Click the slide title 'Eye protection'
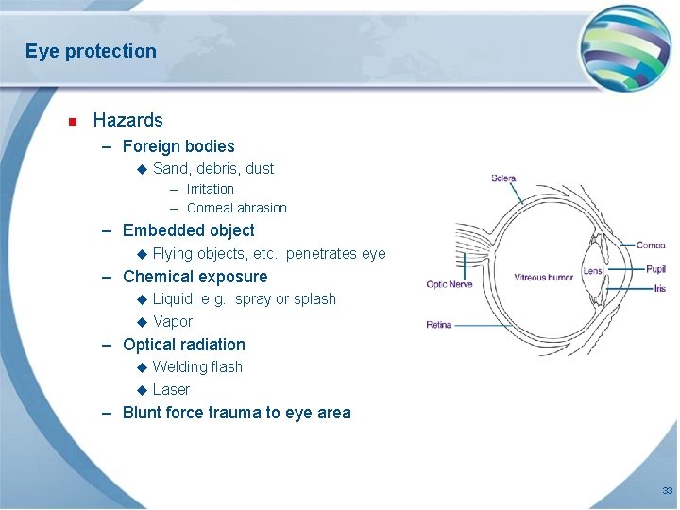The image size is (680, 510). [x=91, y=51]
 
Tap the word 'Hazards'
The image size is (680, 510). [x=127, y=120]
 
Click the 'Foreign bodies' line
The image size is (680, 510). [x=178, y=146]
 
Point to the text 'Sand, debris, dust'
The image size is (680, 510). [x=213, y=169]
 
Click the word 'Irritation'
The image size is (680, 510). [x=210, y=189]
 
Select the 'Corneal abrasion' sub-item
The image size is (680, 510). [x=236, y=208]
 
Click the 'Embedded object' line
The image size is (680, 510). [x=189, y=230]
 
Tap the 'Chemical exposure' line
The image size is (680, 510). [x=195, y=277]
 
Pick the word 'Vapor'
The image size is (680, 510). [x=172, y=321]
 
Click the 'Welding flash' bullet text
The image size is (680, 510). [x=197, y=366]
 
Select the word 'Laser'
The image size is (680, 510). [x=171, y=389]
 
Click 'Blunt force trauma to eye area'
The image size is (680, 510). [x=236, y=413]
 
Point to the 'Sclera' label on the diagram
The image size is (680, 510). [x=503, y=178]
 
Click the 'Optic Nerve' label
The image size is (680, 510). [x=450, y=284]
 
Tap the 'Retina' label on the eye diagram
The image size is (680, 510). [x=438, y=325]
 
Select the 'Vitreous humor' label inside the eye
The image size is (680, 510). [x=543, y=278]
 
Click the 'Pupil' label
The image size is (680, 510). [x=655, y=269]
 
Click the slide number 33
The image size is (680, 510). [x=667, y=491]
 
